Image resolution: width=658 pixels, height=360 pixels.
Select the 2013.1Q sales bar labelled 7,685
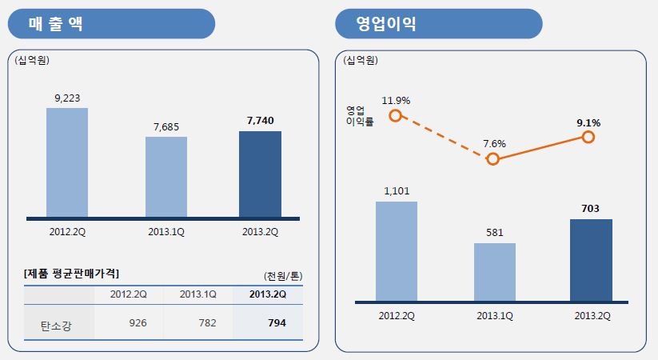coord(166,177)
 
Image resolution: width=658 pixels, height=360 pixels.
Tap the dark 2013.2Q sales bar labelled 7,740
coord(260,174)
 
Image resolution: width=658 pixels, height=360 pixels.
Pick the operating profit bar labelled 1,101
coord(396,251)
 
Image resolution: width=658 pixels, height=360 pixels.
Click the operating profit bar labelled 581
coord(495,272)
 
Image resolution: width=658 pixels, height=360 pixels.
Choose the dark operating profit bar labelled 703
coord(591,260)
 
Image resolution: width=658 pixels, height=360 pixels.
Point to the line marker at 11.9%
coord(395,116)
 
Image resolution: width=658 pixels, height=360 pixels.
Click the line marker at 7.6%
coord(493,158)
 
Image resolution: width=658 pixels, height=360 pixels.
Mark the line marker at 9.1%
coord(588,138)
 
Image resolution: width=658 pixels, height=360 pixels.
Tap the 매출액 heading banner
coord(111,24)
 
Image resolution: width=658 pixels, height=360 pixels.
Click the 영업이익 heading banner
coord(439,24)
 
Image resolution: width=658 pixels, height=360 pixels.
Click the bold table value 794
coord(277,324)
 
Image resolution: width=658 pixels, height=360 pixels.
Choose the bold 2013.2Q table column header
coord(268,294)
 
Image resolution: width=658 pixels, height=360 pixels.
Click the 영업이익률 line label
coord(360,116)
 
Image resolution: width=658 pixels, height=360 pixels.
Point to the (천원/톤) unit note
coord(283,275)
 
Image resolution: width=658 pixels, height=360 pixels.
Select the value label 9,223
coord(67,98)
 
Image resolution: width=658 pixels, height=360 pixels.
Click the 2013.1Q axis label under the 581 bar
coord(495,315)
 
